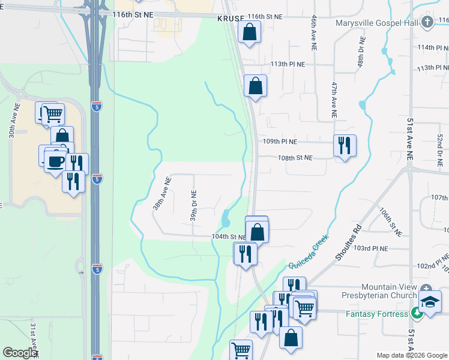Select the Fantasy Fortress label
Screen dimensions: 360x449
tap(377, 313)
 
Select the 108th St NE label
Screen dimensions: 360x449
tap(295, 158)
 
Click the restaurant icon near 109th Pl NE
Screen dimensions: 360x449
tap(345, 145)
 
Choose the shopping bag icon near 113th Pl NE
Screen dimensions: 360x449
tap(256, 85)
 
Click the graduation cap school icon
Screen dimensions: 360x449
tap(430, 301)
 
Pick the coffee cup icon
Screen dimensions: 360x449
tap(56, 161)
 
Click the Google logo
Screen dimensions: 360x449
tap(20, 353)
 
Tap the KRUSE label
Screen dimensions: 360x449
tap(231, 19)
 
